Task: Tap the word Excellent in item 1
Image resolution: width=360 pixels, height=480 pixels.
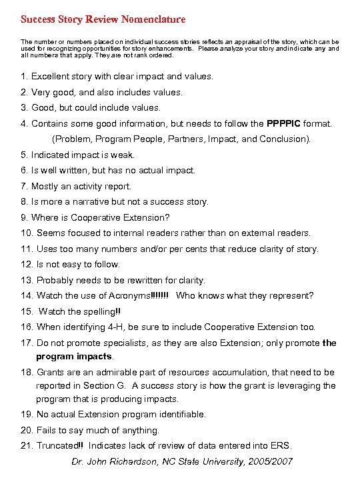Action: [x=52, y=77]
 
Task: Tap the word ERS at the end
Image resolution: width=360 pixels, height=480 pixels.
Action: [x=281, y=445]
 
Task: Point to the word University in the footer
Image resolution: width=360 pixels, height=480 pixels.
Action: [x=223, y=461]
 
